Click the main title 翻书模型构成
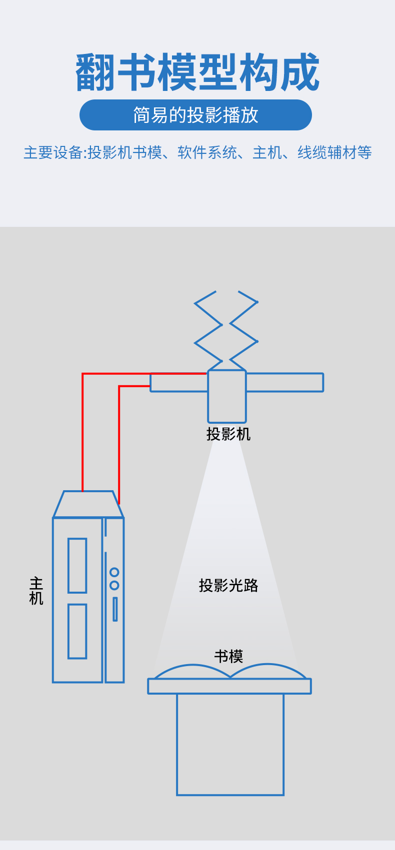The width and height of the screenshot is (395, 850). [x=197, y=72]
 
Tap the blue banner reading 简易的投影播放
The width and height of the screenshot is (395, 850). [x=195, y=115]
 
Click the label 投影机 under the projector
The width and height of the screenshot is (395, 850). [x=228, y=434]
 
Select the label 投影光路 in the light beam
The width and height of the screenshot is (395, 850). [x=228, y=585]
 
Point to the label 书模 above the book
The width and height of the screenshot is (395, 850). [x=228, y=656]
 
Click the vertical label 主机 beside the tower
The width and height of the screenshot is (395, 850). [x=36, y=591]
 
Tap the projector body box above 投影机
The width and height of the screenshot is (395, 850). [x=227, y=396]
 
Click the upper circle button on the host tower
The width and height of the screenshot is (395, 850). [x=114, y=572]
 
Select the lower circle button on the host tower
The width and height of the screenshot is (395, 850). [x=114, y=585]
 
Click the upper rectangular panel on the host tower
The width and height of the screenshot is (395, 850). [x=77, y=565]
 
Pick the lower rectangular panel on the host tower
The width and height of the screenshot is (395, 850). [x=77, y=631]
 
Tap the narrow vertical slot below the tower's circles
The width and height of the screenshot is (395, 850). [x=115, y=609]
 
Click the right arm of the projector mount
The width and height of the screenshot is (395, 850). [x=284, y=382]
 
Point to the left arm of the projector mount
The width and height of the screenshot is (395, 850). [x=178, y=383]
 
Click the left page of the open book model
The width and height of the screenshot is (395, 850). [x=192, y=672]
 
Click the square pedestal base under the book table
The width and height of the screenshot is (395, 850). [x=230, y=744]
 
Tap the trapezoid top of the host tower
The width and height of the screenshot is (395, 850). [x=88, y=504]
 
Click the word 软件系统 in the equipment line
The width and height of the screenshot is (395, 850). [x=207, y=152]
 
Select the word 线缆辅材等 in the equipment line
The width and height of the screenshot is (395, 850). [x=334, y=152]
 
